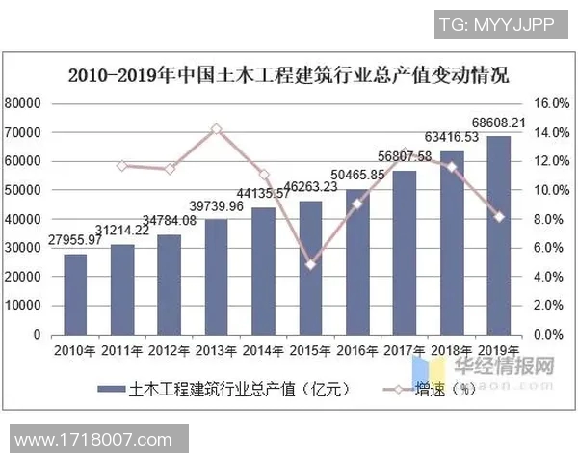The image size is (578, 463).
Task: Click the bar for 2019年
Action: pos(498,235)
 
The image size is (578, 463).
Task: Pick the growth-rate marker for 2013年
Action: pos(216,128)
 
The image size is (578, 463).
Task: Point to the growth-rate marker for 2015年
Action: pos(310,264)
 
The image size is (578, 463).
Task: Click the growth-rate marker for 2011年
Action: pos(122,166)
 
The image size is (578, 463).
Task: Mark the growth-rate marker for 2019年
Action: pos(498,216)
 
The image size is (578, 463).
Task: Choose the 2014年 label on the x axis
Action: pos(263,350)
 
